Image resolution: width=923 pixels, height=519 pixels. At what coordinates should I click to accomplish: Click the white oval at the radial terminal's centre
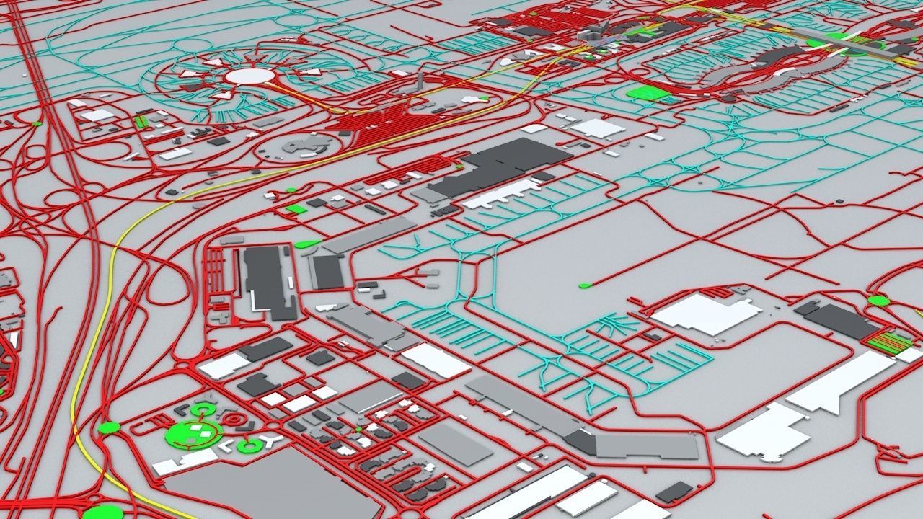point(250,76)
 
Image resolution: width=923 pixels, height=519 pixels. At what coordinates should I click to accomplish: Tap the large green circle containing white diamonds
point(193,435)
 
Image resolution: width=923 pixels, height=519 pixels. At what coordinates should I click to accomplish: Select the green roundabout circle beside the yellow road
point(108,427)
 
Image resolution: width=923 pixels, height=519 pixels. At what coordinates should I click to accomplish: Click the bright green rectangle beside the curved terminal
point(646,92)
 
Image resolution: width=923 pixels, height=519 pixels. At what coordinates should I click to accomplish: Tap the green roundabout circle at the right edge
point(878,301)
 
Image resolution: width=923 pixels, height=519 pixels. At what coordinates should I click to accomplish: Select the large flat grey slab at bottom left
point(252,487)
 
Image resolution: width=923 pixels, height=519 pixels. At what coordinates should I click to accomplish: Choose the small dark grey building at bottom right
point(674,492)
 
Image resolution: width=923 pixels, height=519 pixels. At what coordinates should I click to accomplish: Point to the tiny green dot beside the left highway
point(37,124)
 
